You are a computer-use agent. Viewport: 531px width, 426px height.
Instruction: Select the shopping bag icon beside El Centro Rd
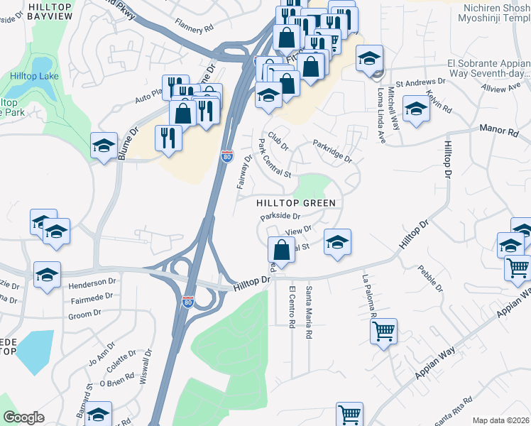pos(281,250)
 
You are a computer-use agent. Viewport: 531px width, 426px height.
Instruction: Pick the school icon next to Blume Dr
pos(104,146)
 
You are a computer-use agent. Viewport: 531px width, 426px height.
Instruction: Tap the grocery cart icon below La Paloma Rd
pos(383,331)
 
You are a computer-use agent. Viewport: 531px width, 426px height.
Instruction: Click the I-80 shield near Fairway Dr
pos(226,155)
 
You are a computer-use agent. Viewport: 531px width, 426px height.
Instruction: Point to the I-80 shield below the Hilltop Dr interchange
pos(188,302)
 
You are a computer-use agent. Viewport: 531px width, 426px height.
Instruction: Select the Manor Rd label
pos(503,131)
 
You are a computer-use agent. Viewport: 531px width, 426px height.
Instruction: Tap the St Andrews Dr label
pos(419,82)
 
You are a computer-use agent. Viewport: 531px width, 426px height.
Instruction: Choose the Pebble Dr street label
pos(431,278)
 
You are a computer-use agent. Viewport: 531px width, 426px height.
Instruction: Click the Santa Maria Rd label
pos(309,312)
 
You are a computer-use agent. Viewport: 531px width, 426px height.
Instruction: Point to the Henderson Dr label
pos(92,283)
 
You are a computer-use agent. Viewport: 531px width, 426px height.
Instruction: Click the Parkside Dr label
pos(281,216)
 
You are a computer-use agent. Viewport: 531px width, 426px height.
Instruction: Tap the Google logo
pos(23,417)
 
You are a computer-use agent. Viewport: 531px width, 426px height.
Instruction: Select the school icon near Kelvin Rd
pos(416,109)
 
